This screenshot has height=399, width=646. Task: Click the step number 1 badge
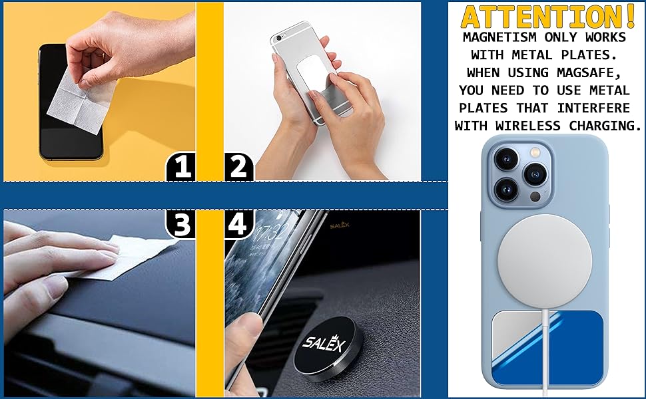180,166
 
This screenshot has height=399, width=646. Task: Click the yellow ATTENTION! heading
547,17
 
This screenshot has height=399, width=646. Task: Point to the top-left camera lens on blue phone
505,159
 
